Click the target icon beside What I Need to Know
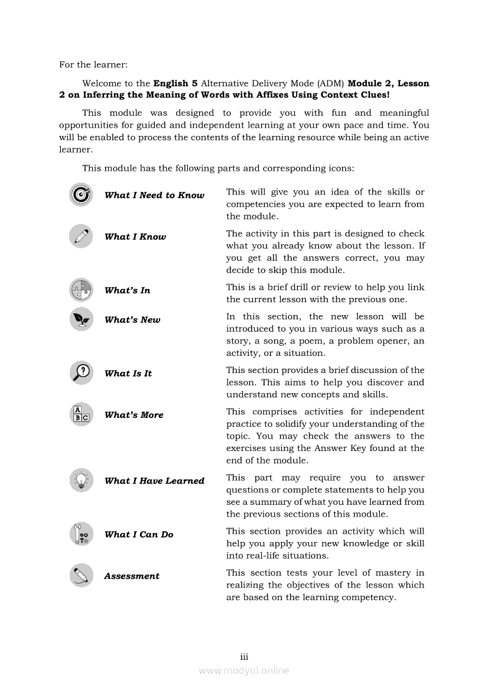[x=80, y=194]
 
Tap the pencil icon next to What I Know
[x=80, y=236]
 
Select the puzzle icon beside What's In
[x=80, y=290]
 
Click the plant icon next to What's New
[x=80, y=319]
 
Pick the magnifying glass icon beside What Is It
[x=80, y=372]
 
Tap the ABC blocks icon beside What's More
[x=80, y=414]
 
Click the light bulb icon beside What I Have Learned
[x=80, y=480]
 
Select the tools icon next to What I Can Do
[x=80, y=534]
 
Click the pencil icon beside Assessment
[x=80, y=575]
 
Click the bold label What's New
[x=132, y=320]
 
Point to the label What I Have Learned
[x=154, y=481]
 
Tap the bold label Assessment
[x=132, y=576]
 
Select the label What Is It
[x=128, y=373]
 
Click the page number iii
[x=244, y=657]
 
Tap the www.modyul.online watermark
[x=244, y=670]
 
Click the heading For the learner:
[x=93, y=64]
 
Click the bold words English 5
[x=175, y=83]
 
